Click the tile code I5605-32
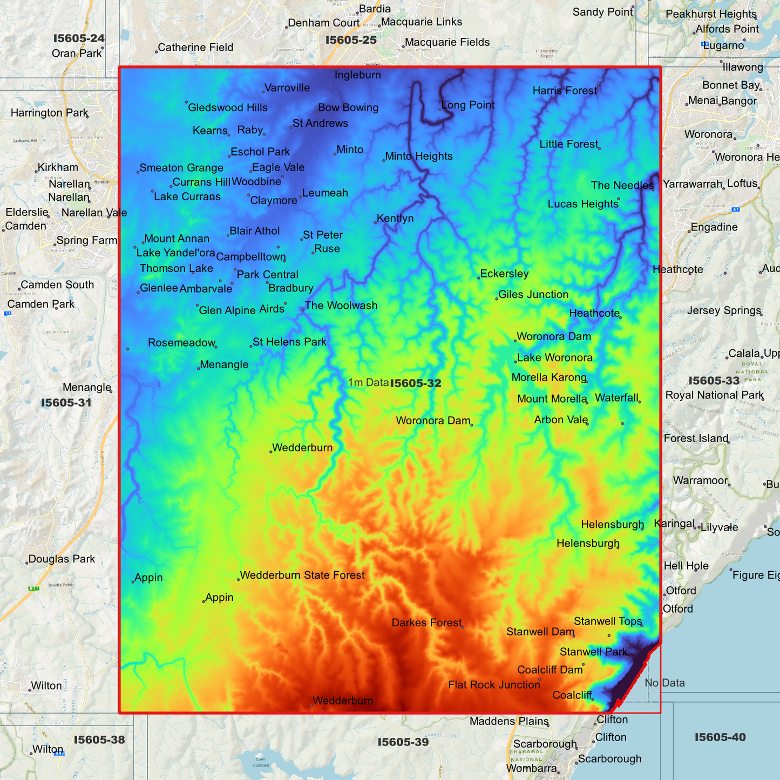pyautogui.click(x=415, y=383)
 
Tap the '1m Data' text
pyautogui.click(x=368, y=383)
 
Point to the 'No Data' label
pyautogui.click(x=664, y=683)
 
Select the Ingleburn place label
pyautogui.click(x=357, y=75)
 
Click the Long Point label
pyautogui.click(x=467, y=105)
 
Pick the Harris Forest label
pyautogui.click(x=565, y=91)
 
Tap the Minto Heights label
pyautogui.click(x=419, y=156)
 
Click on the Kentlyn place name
pyautogui.click(x=395, y=218)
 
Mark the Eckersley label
pyautogui.click(x=504, y=274)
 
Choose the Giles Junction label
pyautogui.click(x=533, y=294)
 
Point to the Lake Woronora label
pyautogui.click(x=554, y=357)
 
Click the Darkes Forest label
pyautogui.click(x=426, y=623)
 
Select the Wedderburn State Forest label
pyautogui.click(x=302, y=575)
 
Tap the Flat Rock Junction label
pyautogui.click(x=494, y=685)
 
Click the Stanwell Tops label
pyautogui.click(x=608, y=621)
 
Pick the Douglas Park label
pyautogui.click(x=62, y=559)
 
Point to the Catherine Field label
pyautogui.click(x=195, y=48)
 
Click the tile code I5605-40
pyautogui.click(x=720, y=737)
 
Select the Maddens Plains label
pyautogui.click(x=508, y=721)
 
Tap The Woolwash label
pyautogui.click(x=341, y=306)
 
